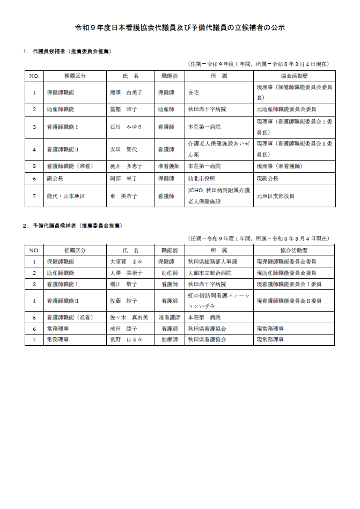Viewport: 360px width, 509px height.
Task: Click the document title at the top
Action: tap(180, 27)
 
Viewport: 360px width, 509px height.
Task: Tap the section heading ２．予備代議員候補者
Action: tap(72, 226)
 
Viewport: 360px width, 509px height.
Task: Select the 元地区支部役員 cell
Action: tap(275, 196)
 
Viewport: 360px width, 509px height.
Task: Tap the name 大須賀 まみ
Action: tap(126, 261)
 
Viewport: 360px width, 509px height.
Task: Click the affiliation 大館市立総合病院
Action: tap(210, 273)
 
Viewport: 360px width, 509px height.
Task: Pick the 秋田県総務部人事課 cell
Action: tap(212, 261)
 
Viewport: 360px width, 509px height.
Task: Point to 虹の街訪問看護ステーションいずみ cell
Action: tap(218, 301)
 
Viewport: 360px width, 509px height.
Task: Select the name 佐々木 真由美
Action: tap(129, 317)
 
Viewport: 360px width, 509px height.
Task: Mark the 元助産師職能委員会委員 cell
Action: tap(286, 109)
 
